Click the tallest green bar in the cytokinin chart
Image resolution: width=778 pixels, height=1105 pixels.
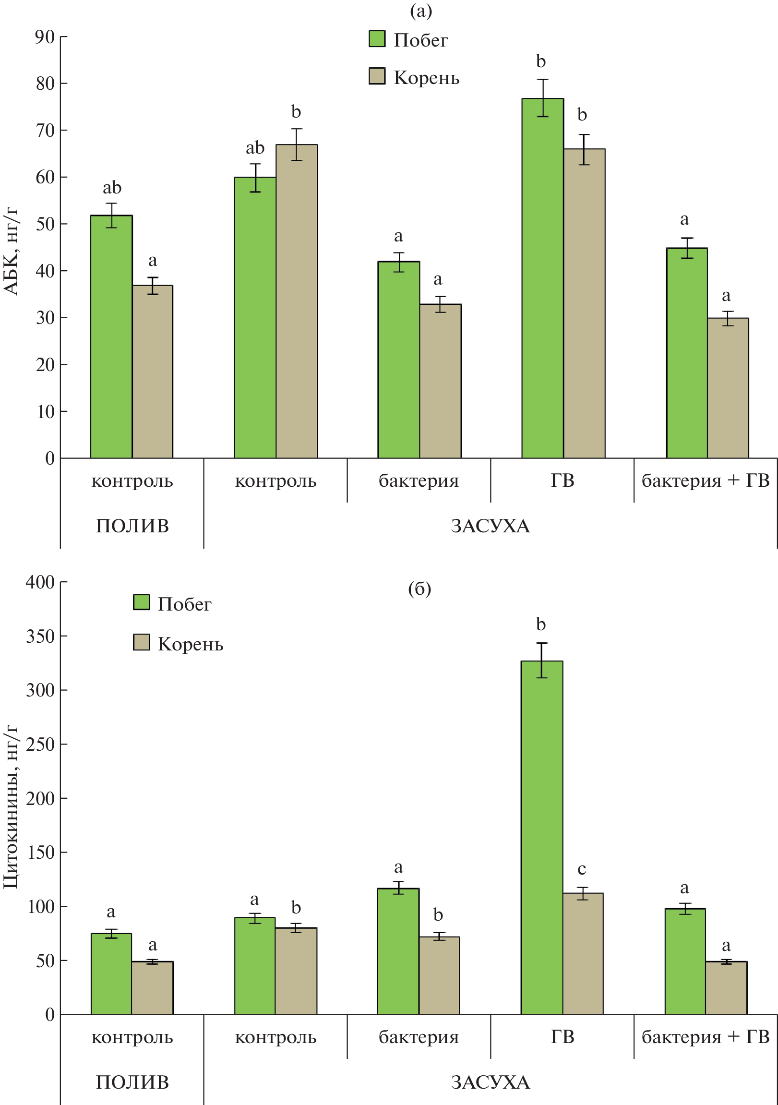click(542, 837)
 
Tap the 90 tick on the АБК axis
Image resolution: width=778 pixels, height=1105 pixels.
click(45, 37)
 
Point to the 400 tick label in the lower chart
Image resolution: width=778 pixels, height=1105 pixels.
click(40, 582)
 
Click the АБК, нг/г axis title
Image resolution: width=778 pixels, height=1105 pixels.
click(11, 251)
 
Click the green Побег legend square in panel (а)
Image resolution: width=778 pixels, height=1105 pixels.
click(377, 39)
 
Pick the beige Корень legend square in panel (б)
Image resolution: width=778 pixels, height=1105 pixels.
click(141, 642)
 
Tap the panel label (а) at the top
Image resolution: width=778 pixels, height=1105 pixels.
click(420, 11)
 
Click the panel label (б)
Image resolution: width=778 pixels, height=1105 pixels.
click(419, 589)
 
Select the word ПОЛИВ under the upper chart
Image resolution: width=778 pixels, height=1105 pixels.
click(132, 526)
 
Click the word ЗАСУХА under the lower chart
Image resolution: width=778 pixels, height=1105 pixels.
click(491, 1082)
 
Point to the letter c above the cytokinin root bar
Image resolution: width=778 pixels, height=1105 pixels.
click(582, 869)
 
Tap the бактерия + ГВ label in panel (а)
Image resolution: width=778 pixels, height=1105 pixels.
click(706, 480)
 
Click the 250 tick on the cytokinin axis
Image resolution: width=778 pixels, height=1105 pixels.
click(40, 745)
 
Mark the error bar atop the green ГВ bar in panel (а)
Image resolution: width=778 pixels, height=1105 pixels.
click(543, 98)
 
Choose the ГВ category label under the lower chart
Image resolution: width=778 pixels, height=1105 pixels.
click(562, 1037)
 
